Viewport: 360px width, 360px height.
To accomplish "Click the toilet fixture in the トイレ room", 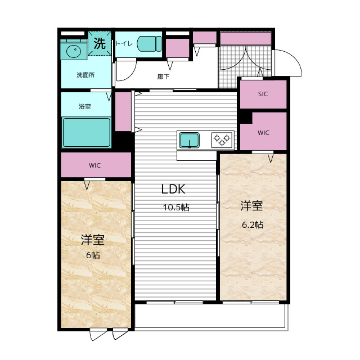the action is [149, 44].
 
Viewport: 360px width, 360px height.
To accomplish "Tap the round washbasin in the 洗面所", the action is [74, 51].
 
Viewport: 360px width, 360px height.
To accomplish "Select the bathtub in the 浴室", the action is [86, 132].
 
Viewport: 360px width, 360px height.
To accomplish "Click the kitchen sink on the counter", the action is [189, 140].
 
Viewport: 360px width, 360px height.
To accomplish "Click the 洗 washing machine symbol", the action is [100, 43].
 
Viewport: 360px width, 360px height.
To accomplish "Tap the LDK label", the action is [173, 189].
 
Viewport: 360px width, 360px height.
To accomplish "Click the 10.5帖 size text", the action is [176, 208].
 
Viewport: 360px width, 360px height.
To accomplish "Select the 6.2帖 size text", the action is [253, 225].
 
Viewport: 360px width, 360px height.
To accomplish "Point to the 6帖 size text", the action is [93, 255].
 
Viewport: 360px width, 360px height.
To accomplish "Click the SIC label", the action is [263, 94].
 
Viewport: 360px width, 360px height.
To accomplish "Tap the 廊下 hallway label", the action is [164, 76].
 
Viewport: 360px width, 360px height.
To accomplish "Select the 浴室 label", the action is [85, 106].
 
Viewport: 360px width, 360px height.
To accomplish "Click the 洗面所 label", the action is [85, 75].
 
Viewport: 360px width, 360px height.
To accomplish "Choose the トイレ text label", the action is [124, 43].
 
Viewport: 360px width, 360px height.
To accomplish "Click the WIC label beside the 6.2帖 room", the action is [263, 133].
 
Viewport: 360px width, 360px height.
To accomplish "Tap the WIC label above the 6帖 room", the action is [94, 165].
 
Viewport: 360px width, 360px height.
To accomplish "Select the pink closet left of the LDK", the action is [123, 111].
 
